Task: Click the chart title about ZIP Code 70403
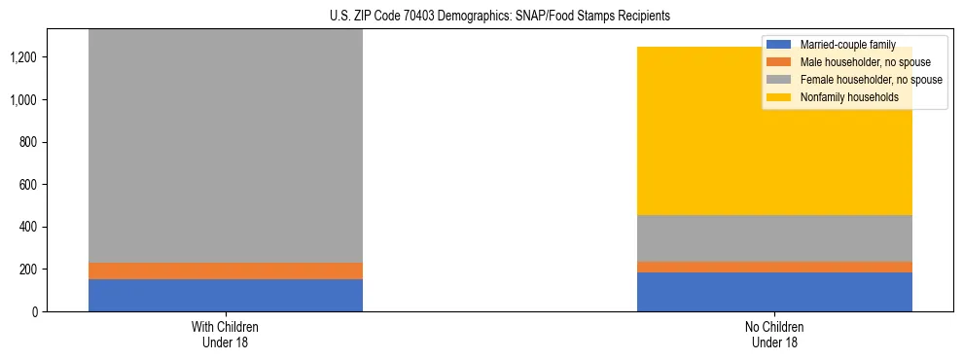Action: click(x=481, y=17)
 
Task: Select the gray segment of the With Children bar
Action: click(x=226, y=146)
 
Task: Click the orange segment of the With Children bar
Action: click(x=226, y=271)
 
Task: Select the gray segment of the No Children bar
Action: click(x=774, y=238)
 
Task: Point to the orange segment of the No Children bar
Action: click(x=774, y=268)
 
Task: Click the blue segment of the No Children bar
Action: click(x=774, y=292)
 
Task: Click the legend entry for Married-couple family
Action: click(x=847, y=45)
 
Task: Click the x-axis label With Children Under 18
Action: click(x=226, y=334)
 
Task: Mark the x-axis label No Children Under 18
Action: click(x=774, y=334)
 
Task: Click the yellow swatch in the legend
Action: click(x=779, y=97)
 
